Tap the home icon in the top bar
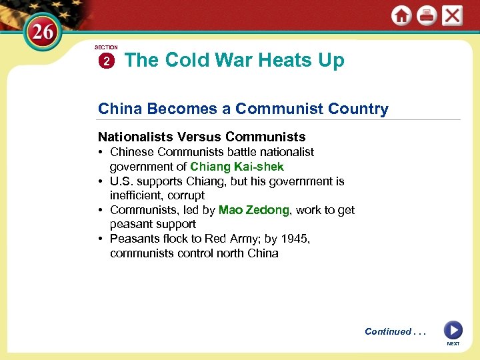[401, 15]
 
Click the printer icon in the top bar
[427, 15]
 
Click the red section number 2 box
[107, 61]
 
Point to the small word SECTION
[106, 47]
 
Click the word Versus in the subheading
[199, 137]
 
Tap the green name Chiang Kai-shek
[237, 167]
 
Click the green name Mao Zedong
[254, 210]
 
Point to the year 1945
[296, 239]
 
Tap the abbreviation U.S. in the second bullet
[122, 181]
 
